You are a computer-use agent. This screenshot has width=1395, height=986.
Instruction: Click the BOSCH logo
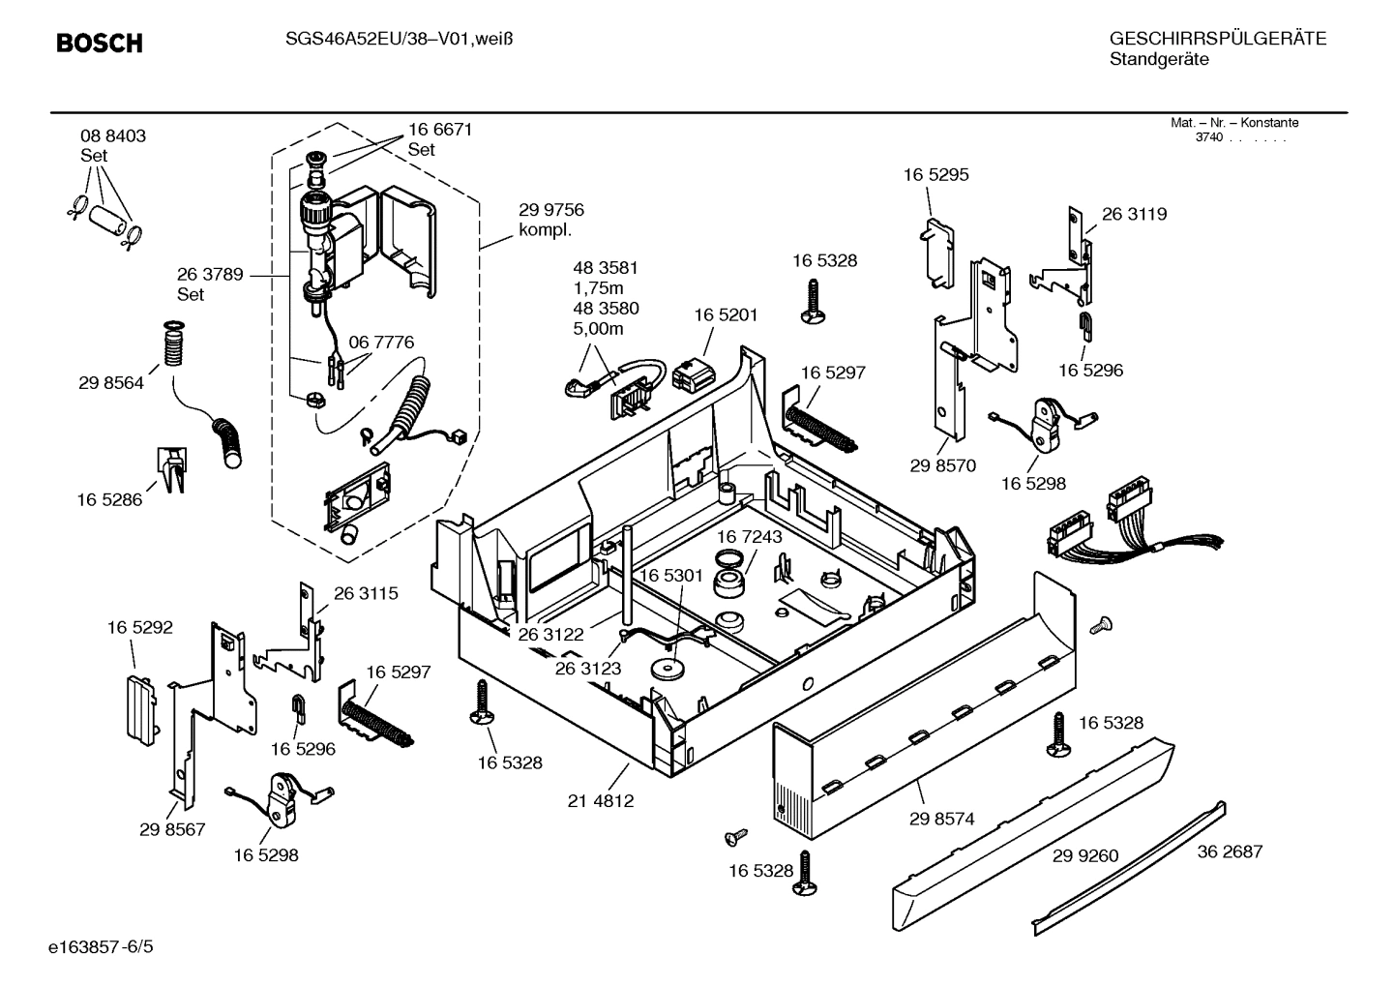coord(99,43)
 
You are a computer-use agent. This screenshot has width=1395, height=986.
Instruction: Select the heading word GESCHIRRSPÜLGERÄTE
coord(1217,40)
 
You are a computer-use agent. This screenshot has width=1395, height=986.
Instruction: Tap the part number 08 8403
coord(113,136)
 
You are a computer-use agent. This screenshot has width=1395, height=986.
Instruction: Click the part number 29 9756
coord(551,210)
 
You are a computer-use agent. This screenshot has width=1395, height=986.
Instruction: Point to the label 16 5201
coord(726,314)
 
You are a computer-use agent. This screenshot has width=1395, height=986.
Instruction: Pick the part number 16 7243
coord(750,536)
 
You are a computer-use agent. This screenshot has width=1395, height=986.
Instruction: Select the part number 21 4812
coord(601,801)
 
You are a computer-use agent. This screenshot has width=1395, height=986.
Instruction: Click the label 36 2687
coord(1230,852)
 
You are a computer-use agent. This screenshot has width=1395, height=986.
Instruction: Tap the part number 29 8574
coord(941,819)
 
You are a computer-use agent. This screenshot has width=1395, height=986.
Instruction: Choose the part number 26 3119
coord(1134,215)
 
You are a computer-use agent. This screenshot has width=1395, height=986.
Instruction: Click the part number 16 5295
coord(935,175)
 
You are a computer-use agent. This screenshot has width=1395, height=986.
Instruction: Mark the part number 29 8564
coord(111,383)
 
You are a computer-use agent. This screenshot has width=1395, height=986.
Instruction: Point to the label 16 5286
coord(109,499)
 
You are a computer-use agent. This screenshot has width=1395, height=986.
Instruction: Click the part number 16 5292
coord(140,627)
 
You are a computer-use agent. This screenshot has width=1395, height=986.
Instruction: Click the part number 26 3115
coord(366,593)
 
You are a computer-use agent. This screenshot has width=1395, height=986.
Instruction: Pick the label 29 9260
coord(1085,855)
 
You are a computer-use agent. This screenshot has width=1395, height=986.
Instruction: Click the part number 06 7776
coord(381,342)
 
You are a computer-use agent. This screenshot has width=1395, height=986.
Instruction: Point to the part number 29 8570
coord(943,465)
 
